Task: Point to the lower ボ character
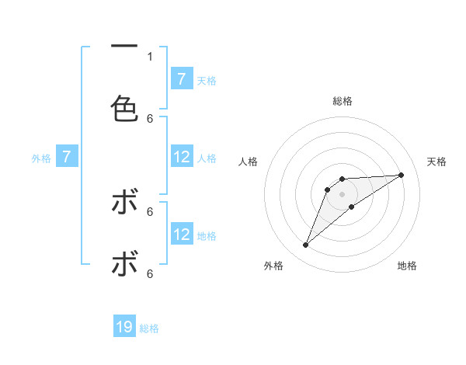coord(124,265)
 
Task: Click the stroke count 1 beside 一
coord(150,56)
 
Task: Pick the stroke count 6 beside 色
coord(150,118)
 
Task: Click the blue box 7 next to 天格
coord(182,79)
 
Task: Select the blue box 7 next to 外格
coord(67,158)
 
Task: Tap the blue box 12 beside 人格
coord(182,158)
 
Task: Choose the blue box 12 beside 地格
coord(182,235)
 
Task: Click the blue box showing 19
coord(124,328)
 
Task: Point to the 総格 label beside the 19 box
coord(150,328)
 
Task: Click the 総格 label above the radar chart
coord(343,101)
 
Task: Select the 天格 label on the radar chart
coord(437,162)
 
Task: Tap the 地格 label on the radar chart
coord(407,266)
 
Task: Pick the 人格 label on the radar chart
coord(249,162)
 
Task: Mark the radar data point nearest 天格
coord(401,175)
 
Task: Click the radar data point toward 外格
coord(306,245)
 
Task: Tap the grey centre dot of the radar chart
coord(343,194)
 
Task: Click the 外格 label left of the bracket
coord(41,158)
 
